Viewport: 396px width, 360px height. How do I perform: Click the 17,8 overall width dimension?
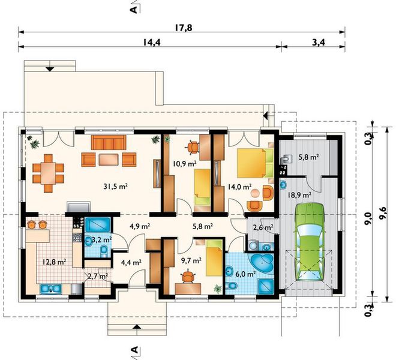tap(184, 28)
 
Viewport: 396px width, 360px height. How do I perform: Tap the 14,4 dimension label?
tap(152, 42)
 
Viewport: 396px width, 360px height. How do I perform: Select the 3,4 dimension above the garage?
tap(319, 42)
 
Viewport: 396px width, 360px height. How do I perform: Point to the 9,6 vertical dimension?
tap(383, 214)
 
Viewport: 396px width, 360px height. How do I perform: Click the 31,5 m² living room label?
tap(115, 187)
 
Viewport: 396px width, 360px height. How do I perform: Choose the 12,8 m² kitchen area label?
tap(54, 262)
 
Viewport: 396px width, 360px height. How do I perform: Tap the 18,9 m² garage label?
tap(299, 195)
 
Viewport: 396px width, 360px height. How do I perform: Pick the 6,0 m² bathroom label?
tap(245, 274)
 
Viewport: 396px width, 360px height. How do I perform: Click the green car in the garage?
tap(309, 241)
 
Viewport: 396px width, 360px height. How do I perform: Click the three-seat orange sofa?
tap(109, 142)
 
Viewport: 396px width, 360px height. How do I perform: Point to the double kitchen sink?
tap(51, 289)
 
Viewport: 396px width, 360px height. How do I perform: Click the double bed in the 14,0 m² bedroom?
tap(256, 163)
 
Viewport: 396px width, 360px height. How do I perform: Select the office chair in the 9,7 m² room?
tap(188, 276)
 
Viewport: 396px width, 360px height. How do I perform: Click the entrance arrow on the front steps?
tap(137, 326)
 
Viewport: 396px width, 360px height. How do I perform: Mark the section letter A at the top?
tap(134, 10)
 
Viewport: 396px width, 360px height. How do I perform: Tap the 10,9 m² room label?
tap(185, 164)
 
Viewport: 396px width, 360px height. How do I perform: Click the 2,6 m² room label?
tap(263, 227)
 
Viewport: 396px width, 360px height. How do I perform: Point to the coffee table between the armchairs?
tap(109, 160)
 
